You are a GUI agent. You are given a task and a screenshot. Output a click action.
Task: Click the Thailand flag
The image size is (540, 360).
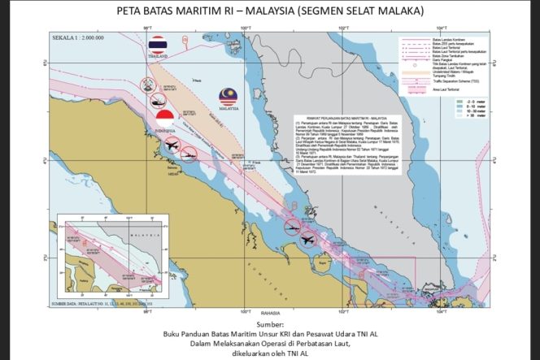[158, 44]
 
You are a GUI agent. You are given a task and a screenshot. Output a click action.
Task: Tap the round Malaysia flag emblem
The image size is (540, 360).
[228, 98]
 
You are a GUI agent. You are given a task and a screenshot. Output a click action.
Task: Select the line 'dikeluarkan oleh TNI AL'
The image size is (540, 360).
[270, 353]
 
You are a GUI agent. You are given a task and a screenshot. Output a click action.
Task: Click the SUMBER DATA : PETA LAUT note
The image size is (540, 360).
[102, 302]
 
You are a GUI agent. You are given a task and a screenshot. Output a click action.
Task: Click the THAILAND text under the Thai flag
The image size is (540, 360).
[158, 57]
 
